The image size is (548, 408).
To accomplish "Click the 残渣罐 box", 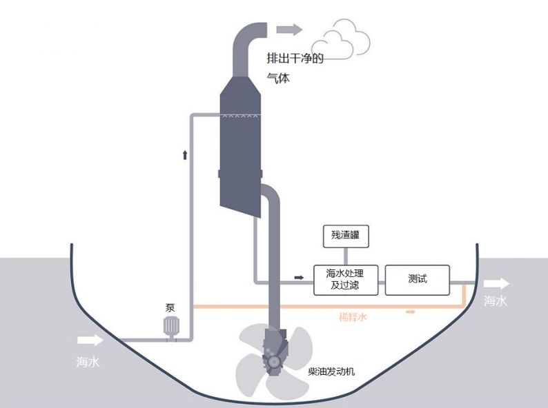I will [346, 236].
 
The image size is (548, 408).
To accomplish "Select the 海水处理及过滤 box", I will [346, 279].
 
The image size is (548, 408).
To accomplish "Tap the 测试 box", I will [417, 279].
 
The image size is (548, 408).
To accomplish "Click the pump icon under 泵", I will [170, 326].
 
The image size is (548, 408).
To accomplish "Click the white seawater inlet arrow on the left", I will [90, 340].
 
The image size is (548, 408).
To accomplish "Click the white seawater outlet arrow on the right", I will [496, 283].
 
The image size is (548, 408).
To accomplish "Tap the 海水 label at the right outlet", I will [496, 301].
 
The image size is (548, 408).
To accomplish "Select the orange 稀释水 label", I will [353, 318].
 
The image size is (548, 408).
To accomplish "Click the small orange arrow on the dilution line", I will [411, 312].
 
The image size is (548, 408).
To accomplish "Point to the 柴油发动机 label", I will [331, 372].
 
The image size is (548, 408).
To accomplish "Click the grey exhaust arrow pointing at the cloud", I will [289, 29].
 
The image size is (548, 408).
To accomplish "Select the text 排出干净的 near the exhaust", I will [295, 59].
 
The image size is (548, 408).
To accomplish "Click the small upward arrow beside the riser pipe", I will [184, 154].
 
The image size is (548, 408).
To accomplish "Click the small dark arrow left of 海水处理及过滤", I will [299, 277].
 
